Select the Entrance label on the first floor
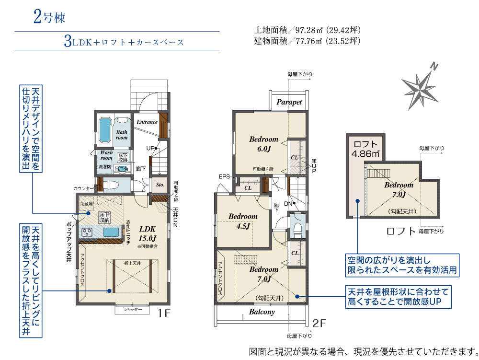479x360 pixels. pos(147,122)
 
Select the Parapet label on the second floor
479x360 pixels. pos(289,102)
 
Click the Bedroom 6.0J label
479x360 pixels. pos(263,144)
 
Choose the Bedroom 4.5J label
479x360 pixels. pos(243,221)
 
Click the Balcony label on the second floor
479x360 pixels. pos(262,312)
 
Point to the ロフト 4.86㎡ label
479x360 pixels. pos(366,149)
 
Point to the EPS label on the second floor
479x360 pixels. pos(224,177)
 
